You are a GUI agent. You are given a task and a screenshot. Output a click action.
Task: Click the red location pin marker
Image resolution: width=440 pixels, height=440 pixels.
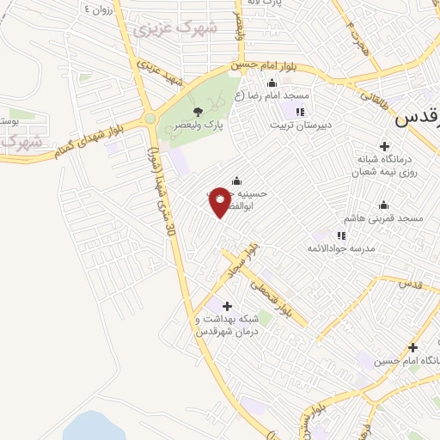pos(221,201)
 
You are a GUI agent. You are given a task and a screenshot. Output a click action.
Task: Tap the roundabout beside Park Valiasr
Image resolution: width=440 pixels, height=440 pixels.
pos(150,119)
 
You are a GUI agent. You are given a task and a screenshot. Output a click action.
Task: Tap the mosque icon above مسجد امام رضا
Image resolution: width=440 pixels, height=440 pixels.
pos(272,82)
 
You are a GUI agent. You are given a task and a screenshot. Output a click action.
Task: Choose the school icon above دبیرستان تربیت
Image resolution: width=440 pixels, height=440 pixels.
pos(299,112)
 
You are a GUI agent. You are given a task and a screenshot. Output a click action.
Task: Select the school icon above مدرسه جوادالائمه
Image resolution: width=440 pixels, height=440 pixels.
pos(341,235)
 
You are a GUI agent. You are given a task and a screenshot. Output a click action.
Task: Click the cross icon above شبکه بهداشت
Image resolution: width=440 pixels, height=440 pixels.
pos(227,306)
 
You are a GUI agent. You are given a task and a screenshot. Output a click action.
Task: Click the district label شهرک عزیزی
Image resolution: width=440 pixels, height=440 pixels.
pos(185,27)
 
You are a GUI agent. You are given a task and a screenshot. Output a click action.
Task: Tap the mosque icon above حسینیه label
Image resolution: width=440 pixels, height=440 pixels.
pos(236,180)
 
